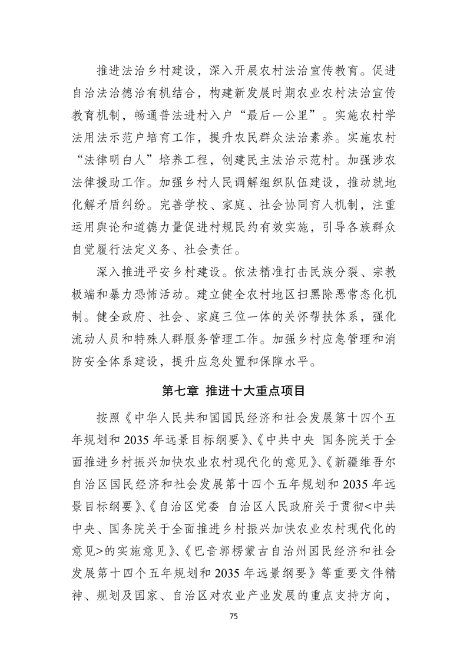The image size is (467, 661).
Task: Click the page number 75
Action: (x=233, y=616)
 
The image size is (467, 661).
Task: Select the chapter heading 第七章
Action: (x=180, y=390)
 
